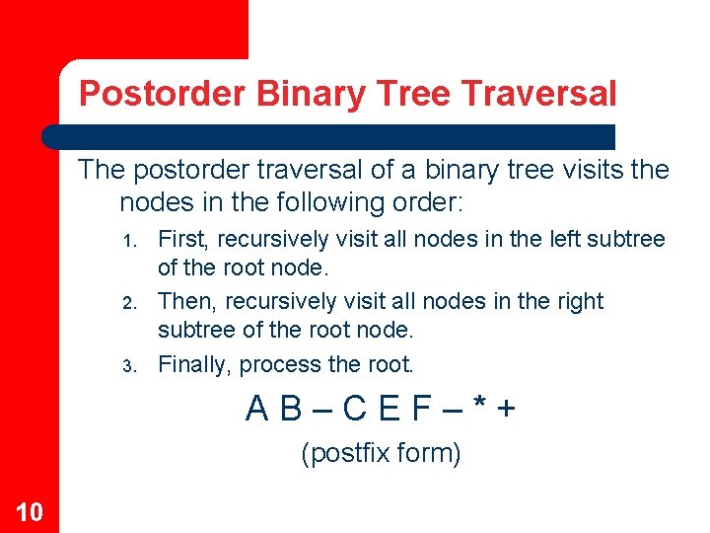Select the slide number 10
pyautogui.click(x=29, y=511)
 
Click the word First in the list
pyautogui.click(x=183, y=239)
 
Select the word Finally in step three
pyautogui.click(x=195, y=364)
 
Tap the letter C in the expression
pyautogui.click(x=358, y=408)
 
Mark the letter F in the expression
pyautogui.click(x=420, y=408)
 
